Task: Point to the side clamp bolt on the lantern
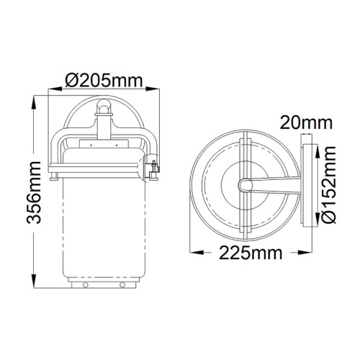[x=153, y=170]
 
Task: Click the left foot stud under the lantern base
[x=84, y=285]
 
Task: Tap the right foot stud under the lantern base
[x=120, y=285]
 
